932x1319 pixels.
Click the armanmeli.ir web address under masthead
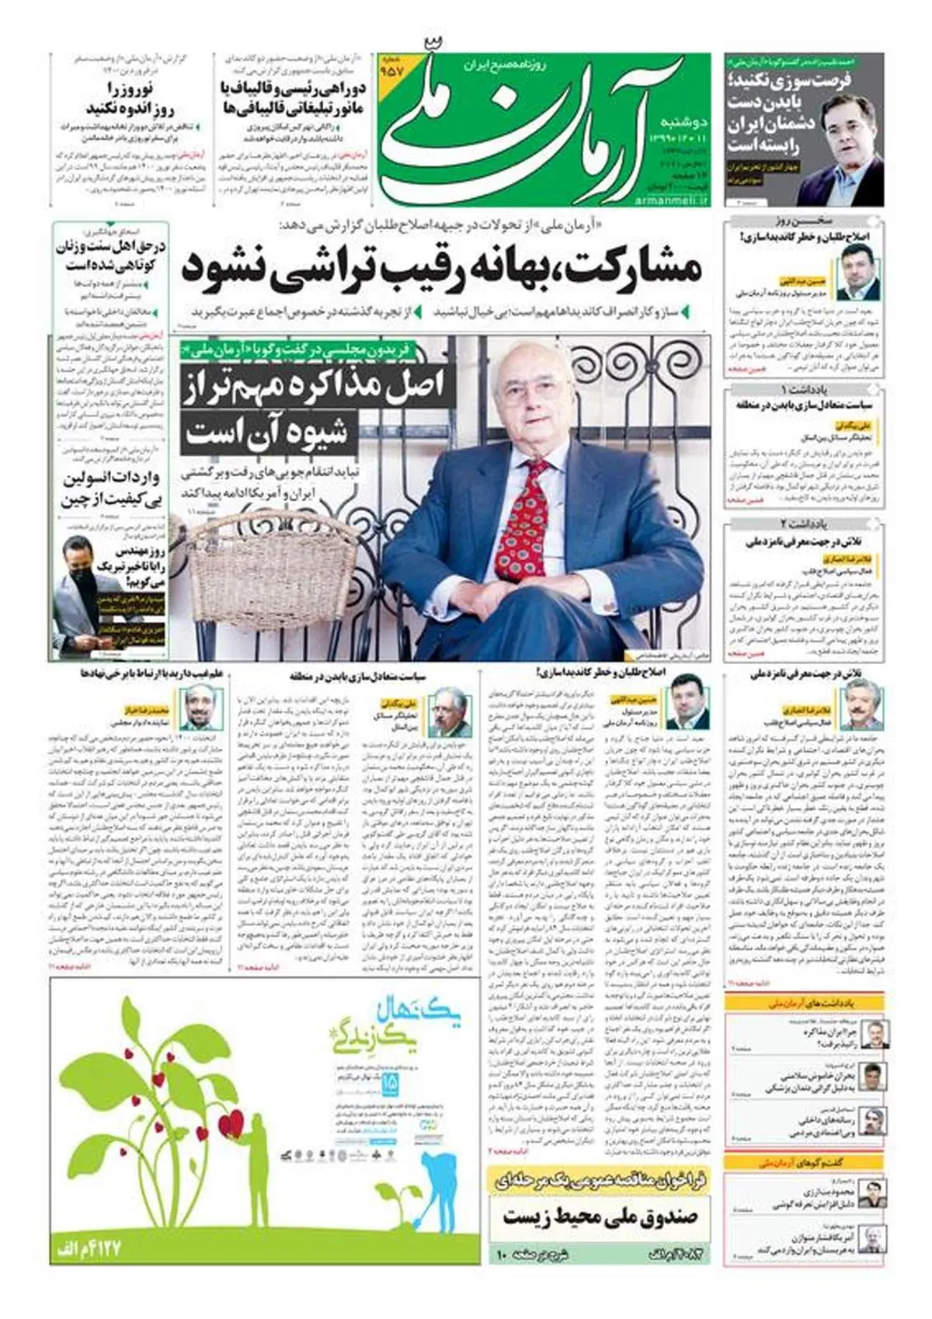pyautogui.click(x=673, y=200)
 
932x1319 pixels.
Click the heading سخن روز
pyautogui.click(x=805, y=220)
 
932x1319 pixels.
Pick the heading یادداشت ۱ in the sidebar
pyautogui.click(x=805, y=388)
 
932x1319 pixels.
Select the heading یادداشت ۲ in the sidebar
pyautogui.click(x=805, y=523)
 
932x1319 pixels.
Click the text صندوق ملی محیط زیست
pyautogui.click(x=599, y=1216)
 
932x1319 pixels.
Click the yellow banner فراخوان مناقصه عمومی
pyautogui.click(x=599, y=1182)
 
